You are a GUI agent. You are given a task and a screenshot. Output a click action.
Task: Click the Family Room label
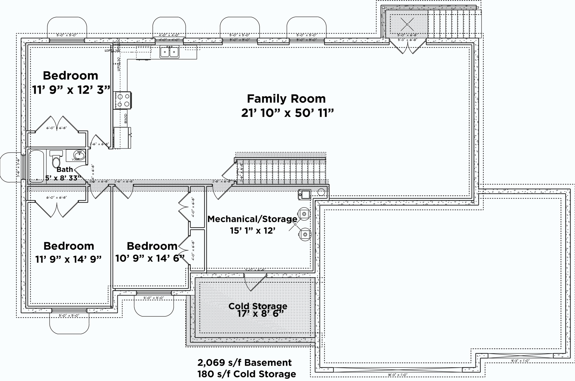coord(286,99)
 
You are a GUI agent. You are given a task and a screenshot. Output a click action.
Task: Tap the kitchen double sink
coord(169,52)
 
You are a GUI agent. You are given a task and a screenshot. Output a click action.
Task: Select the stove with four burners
coord(123,100)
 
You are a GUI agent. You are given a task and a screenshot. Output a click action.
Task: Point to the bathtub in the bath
coord(37,166)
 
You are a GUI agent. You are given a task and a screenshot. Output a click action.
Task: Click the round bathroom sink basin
coord(79,155)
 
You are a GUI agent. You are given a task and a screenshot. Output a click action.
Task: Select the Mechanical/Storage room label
coord(252,219)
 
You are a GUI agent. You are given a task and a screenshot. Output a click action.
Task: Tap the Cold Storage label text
coord(258,306)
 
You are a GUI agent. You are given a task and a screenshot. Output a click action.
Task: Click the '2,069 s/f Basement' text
coord(244,363)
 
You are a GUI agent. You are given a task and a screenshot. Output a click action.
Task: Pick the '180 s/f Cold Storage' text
coord(246,374)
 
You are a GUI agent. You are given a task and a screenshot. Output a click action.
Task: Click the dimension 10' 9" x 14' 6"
coord(150,258)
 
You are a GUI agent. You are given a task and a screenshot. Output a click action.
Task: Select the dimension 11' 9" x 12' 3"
coord(71,89)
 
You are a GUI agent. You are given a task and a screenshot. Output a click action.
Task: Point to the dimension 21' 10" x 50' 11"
coord(287,113)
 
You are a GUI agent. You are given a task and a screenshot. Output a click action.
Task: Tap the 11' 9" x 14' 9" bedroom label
coord(68,259)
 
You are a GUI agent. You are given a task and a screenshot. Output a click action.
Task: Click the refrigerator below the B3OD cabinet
coord(122,138)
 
